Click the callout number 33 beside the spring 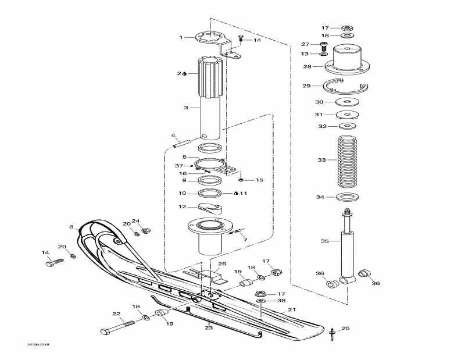[x=321, y=159]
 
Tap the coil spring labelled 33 [x=348, y=159]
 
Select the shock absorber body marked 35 [x=348, y=250]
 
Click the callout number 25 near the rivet [x=345, y=329]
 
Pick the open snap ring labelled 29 [x=345, y=87]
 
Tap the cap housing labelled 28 [x=348, y=63]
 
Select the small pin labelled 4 [x=182, y=143]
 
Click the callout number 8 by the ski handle [x=71, y=227]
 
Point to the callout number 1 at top [x=181, y=37]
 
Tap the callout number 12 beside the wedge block [x=182, y=206]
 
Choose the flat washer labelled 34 [x=348, y=197]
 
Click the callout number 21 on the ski [x=291, y=310]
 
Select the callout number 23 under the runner [x=209, y=327]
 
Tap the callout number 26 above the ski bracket [x=221, y=264]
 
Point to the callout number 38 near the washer [x=281, y=301]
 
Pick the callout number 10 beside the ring [x=182, y=193]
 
